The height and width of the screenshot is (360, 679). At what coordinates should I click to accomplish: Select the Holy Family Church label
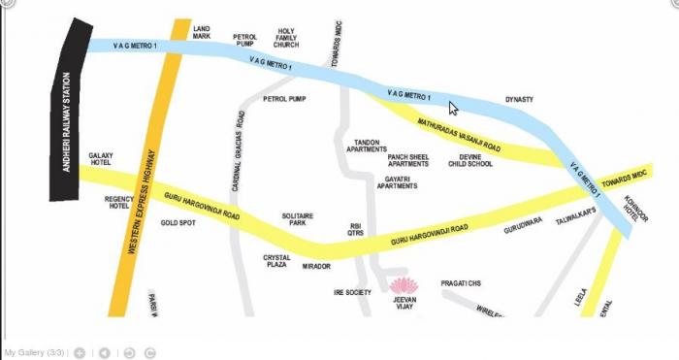coord(286,38)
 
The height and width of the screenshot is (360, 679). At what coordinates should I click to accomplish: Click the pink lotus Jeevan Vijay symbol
coord(402,285)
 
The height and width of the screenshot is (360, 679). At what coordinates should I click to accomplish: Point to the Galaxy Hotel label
coord(101,158)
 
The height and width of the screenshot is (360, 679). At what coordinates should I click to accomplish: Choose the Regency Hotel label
coord(119,202)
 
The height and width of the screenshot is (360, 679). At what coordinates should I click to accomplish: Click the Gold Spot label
coord(178,223)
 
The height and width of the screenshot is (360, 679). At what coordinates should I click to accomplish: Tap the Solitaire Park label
coord(297,219)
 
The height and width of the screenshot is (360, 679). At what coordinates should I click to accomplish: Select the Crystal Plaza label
coord(277,261)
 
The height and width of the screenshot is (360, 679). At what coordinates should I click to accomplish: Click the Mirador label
coord(316,266)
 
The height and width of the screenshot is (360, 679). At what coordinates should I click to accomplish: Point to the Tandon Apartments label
coord(368,146)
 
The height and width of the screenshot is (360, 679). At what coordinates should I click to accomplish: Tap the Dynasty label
coord(519,100)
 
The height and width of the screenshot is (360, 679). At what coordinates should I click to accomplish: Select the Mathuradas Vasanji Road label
coord(459,136)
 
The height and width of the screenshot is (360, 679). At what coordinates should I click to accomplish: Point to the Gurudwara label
coord(523,231)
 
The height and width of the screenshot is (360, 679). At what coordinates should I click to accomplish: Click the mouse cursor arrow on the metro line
coord(453,109)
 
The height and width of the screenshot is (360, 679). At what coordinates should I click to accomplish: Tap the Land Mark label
coord(202,34)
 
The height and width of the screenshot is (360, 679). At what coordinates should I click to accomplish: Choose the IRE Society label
coord(352,291)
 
